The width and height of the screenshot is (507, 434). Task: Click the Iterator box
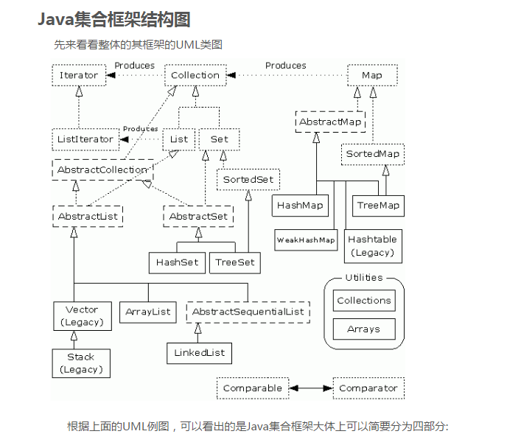tap(79, 75)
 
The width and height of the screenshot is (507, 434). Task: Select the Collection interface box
tap(195, 75)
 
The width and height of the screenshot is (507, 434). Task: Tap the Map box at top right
tap(372, 75)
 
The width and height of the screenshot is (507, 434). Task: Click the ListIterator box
tap(85, 139)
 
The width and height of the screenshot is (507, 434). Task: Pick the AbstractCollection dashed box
tap(102, 170)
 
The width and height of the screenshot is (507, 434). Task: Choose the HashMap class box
tap(301, 206)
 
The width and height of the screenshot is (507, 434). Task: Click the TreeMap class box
tap(378, 206)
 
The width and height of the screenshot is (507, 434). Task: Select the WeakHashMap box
tap(306, 240)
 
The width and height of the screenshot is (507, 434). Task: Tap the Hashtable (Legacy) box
tap(372, 246)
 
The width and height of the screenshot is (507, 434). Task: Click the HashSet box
tap(177, 262)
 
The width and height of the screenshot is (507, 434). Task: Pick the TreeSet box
tap(235, 262)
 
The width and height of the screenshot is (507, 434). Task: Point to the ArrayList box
tap(148, 312)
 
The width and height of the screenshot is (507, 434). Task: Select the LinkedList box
tap(199, 353)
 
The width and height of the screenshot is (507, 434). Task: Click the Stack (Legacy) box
tap(80, 363)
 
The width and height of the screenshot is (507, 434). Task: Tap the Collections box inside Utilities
tap(364, 301)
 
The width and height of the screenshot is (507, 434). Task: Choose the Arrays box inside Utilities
tap(364, 329)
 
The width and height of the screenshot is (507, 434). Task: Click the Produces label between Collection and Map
tap(285, 66)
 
